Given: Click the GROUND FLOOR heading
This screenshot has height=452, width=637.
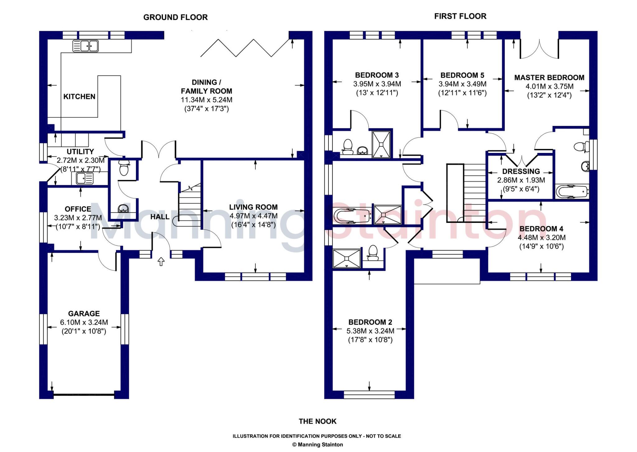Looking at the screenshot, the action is (175, 17).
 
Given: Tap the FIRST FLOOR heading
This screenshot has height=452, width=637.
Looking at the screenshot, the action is (460, 16).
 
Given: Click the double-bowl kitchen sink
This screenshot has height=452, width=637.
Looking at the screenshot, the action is (86, 46).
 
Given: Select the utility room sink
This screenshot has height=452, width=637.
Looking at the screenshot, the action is (82, 178).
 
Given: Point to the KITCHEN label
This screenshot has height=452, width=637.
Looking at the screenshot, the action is (79, 97).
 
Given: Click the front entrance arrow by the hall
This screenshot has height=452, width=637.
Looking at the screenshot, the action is (161, 261).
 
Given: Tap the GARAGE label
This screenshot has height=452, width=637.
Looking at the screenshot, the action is (84, 314).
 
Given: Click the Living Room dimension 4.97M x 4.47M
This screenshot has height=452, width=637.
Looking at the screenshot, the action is (253, 216).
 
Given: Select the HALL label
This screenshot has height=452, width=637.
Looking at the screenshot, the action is (160, 217).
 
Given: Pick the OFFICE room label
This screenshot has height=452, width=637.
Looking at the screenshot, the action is (78, 209).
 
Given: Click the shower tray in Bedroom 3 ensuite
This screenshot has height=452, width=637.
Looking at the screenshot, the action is (381, 144).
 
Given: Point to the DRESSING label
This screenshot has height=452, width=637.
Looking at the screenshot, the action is (521, 171).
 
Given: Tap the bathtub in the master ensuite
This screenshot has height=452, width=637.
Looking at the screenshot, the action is (572, 191).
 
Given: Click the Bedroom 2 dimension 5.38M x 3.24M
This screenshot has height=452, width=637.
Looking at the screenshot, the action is (370, 331).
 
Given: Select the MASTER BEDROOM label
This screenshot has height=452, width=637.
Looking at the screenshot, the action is (549, 78).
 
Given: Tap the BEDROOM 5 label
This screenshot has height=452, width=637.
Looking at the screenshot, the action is (463, 75).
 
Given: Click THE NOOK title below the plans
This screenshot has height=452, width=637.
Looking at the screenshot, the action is (318, 422).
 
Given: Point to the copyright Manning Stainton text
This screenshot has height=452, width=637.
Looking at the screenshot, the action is (318, 445).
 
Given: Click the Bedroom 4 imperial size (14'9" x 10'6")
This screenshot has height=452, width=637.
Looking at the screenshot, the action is (542, 247).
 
